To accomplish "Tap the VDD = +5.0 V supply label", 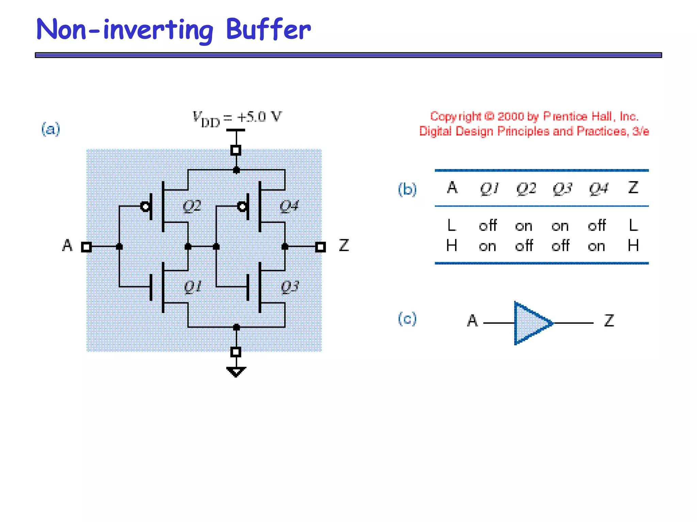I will click(237, 118).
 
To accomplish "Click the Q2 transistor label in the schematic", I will click(192, 206).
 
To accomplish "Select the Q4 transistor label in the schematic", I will click(289, 206).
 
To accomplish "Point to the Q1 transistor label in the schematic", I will click(193, 287).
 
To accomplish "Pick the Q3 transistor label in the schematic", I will click(290, 287).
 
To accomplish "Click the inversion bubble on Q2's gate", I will click(145, 206).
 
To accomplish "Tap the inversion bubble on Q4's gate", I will click(242, 206).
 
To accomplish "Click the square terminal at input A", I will click(86, 247).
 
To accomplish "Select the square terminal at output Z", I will click(320, 247).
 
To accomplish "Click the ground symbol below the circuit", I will click(236, 372).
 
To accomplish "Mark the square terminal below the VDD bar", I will click(236, 150).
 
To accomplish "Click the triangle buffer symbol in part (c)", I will click(531, 323).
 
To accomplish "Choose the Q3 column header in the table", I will click(562, 188).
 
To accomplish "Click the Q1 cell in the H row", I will click(487, 246).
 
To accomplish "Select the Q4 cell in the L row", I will click(597, 226).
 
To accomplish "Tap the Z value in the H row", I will click(633, 245).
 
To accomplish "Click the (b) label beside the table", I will click(407, 189).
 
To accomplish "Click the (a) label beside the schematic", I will click(51, 129).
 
